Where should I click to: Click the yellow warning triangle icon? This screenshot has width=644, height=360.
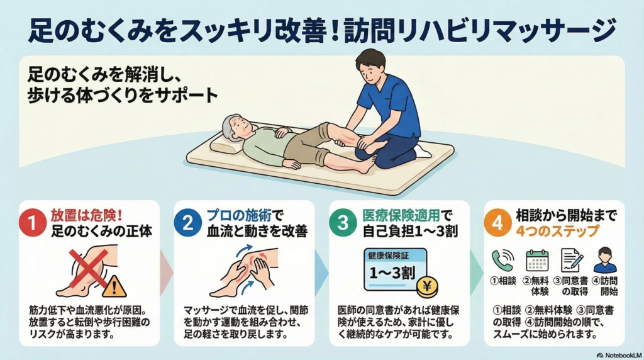tap(114, 286)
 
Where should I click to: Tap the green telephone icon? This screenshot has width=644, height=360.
tap(502, 261)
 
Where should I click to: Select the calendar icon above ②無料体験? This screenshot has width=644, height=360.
tap(537, 261)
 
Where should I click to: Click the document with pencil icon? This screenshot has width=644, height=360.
tap(572, 261)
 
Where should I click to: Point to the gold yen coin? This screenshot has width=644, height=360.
tap(427, 286)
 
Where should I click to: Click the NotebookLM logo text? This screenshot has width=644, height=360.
tap(619, 355)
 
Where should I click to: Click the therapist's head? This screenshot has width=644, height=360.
tap(370, 65)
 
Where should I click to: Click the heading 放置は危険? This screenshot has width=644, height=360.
tap(87, 215)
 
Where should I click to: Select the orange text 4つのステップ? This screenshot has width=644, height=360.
tap(557, 231)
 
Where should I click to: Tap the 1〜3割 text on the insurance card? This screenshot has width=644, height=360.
tap(392, 273)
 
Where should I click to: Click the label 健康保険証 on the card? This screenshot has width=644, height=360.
tap(388, 256)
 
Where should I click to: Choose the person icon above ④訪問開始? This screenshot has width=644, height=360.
tap(605, 260)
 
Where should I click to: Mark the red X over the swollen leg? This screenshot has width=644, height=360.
tap(88, 268)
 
